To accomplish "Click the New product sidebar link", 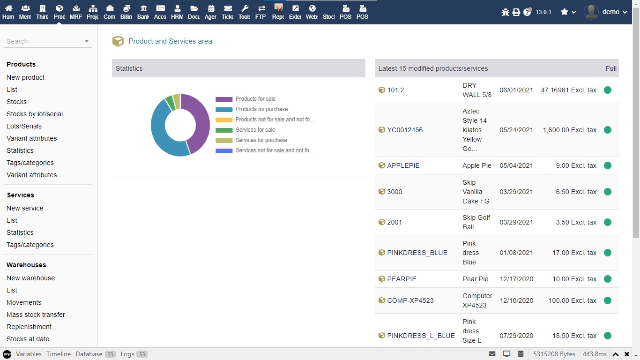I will [x=26, y=77].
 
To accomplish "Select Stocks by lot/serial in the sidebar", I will [x=35, y=114].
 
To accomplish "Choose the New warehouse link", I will [x=31, y=278].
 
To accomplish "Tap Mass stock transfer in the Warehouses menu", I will [x=36, y=315].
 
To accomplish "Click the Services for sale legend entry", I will [x=255, y=130].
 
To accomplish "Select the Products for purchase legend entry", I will [x=261, y=109].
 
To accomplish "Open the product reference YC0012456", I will [x=405, y=130].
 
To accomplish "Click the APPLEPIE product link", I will [x=403, y=165].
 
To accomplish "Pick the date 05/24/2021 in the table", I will [x=516, y=130].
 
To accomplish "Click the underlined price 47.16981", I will [x=555, y=90].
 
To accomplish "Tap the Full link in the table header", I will [x=611, y=68].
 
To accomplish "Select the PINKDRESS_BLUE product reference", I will [x=417, y=253].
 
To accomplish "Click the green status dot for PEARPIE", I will [x=608, y=279].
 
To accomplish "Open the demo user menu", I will [x=606, y=12].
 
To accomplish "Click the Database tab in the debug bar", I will [x=89, y=354].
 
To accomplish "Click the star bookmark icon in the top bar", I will [x=565, y=12].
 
